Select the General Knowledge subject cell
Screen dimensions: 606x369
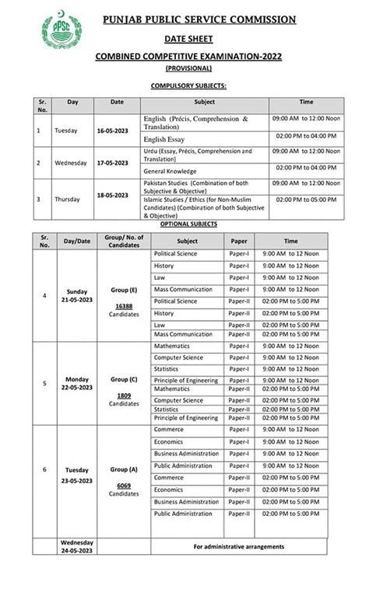170,171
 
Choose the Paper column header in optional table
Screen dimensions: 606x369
239,241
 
